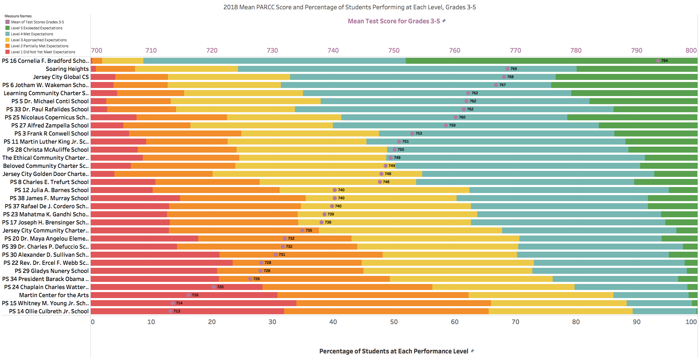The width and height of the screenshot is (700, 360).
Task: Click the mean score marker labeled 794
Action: pyautogui.click(x=658, y=61)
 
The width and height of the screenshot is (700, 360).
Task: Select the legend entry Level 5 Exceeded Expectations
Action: pyautogui.click(x=37, y=28)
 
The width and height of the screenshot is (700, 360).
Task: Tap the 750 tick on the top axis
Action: pyautogui.click(x=394, y=50)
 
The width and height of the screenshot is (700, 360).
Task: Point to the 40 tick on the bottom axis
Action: pyautogui.click(x=333, y=322)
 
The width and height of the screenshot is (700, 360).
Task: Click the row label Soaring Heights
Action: pyautogui.click(x=67, y=69)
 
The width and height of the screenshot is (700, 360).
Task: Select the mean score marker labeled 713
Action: pyautogui.click(x=170, y=311)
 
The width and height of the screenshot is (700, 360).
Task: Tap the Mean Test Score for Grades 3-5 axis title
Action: pyautogui.click(x=394, y=21)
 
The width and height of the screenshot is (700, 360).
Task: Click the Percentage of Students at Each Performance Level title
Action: pyautogui.click(x=394, y=351)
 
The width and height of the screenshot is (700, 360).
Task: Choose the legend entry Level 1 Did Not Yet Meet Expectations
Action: pyautogui.click(x=43, y=52)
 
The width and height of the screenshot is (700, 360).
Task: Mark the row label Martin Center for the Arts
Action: pyautogui.click(x=54, y=295)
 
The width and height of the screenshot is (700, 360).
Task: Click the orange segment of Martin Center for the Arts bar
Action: pyautogui.click(x=373, y=295)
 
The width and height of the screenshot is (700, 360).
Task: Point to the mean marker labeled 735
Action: pyautogui.click(x=302, y=230)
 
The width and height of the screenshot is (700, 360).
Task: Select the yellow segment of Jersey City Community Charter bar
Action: pyautogui.click(x=410, y=230)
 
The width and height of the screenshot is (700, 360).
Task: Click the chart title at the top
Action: pyautogui.click(x=349, y=7)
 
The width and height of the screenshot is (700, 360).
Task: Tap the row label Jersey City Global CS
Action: pyautogui.click(x=61, y=77)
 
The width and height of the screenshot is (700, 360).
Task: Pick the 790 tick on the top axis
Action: pyautogui.click(x=637, y=50)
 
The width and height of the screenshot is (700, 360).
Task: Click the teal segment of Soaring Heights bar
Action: pyautogui.click(x=407, y=69)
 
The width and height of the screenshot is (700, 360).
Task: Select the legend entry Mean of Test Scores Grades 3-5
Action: pyautogui.click(x=37, y=22)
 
